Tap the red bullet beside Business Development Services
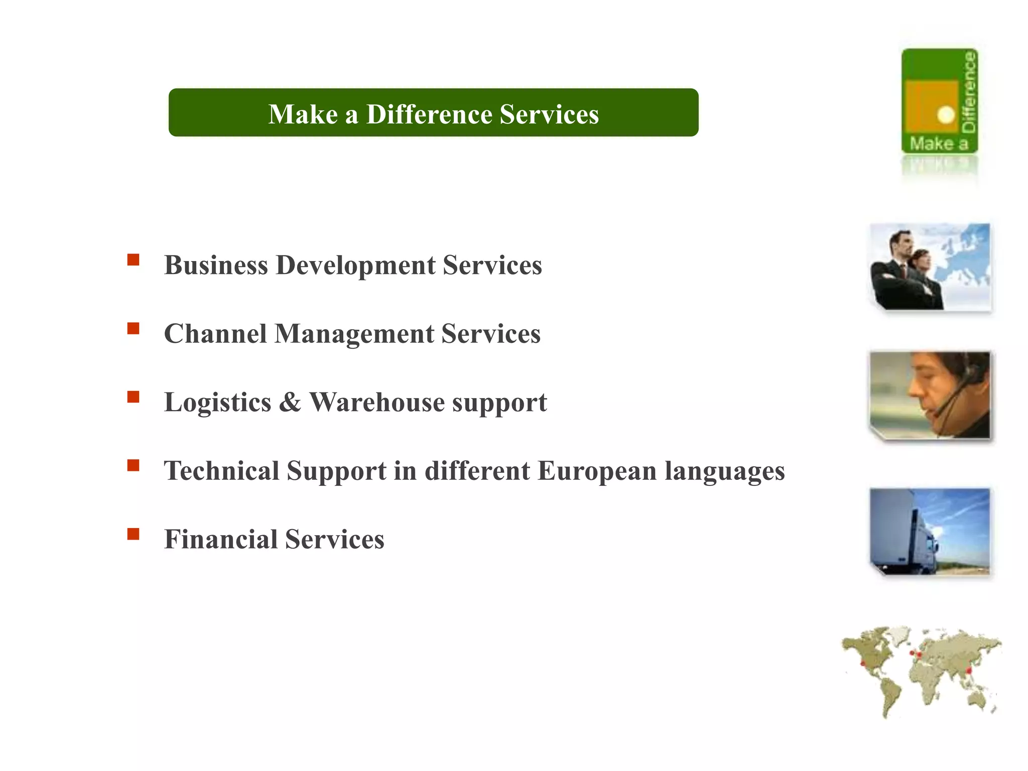tap(133, 260)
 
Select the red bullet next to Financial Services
tap(133, 534)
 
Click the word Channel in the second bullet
tap(215, 334)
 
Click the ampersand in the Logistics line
tap(290, 402)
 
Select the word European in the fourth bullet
tap(597, 471)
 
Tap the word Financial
tap(221, 539)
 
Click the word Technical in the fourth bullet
tap(221, 471)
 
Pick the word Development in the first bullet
tap(355, 265)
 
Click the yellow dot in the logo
tap(946, 114)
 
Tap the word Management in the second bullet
tap(354, 334)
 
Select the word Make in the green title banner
tap(303, 114)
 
